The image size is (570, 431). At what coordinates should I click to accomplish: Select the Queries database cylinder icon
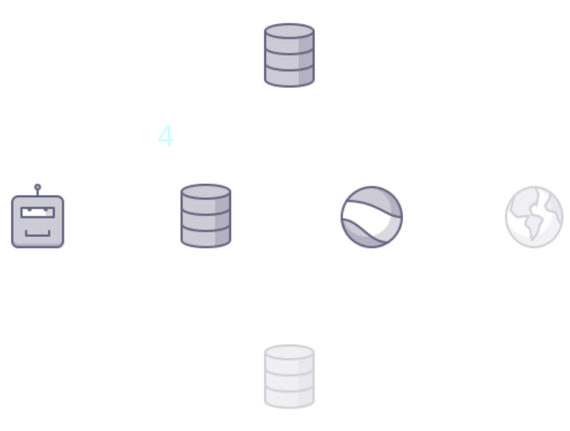(289, 55)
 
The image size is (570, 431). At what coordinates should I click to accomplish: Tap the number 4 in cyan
(166, 137)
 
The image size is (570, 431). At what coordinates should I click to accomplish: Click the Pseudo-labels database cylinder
(206, 215)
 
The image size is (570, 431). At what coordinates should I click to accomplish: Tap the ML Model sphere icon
(371, 217)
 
